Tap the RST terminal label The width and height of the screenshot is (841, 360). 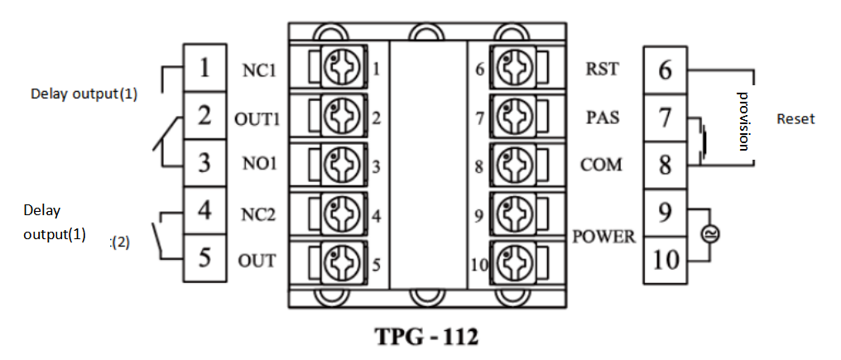click(602, 70)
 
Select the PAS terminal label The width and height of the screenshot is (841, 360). click(602, 117)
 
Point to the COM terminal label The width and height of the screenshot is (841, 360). click(602, 165)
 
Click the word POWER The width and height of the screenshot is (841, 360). click(604, 237)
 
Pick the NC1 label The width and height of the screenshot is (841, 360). click(260, 70)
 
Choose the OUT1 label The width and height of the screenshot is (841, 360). click(258, 118)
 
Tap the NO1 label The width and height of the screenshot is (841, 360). click(260, 165)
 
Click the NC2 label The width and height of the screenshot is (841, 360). click(260, 214)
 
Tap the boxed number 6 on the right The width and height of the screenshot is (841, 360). click(665, 70)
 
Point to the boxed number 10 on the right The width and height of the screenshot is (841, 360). click(665, 260)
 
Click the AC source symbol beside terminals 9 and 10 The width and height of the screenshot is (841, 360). click(709, 235)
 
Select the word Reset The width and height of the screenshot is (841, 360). click(795, 119)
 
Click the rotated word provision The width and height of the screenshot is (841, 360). click(743, 119)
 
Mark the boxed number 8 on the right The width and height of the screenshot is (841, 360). click(665, 165)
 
